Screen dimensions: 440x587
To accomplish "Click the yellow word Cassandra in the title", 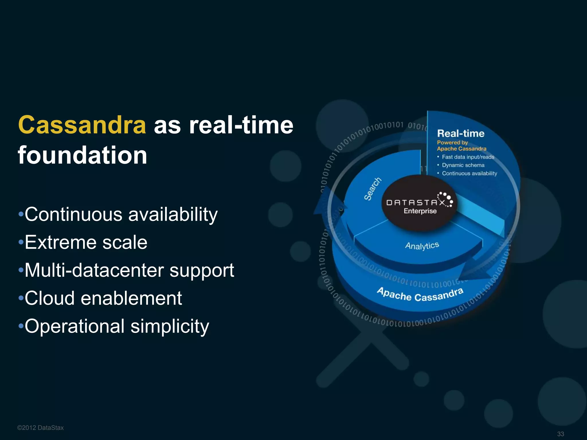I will tap(82, 125).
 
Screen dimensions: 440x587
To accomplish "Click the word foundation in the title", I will tap(83, 155).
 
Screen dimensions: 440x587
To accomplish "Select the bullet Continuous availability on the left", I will tap(121, 214).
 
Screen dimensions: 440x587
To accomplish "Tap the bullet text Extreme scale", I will tap(86, 242).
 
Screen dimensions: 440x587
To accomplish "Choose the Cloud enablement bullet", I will tap(103, 298).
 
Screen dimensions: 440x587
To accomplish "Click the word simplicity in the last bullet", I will tap(170, 326).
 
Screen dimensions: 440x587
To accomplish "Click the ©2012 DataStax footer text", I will tap(40, 428).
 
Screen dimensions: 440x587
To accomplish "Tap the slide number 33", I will tap(560, 434).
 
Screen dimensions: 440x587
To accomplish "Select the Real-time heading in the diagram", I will tap(461, 133).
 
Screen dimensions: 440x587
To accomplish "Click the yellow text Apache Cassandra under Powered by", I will tap(461, 149).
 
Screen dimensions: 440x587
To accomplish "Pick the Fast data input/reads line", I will tap(468, 157).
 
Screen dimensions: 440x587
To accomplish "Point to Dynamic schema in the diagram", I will tap(463, 165).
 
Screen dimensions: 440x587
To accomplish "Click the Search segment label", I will tap(373, 189).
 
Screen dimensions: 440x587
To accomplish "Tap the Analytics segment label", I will tap(422, 246).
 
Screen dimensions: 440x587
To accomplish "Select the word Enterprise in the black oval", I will tap(420, 211).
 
